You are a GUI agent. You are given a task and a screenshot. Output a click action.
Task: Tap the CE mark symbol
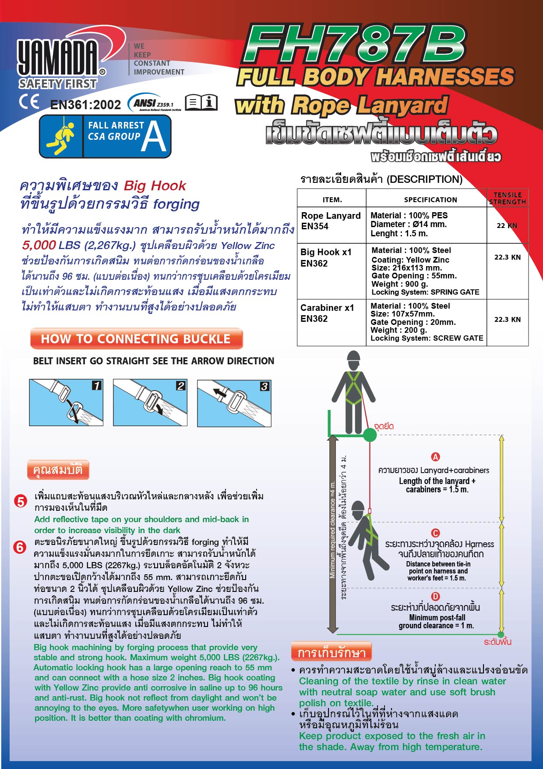(29, 102)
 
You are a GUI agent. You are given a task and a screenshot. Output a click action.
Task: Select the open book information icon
(201, 102)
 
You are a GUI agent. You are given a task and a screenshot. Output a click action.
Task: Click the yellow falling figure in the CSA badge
(61, 137)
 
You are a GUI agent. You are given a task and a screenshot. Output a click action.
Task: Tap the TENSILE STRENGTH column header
(507, 198)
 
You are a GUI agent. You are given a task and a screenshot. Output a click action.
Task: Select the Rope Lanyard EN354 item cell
(331, 221)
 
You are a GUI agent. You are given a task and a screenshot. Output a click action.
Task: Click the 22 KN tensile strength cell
(507, 225)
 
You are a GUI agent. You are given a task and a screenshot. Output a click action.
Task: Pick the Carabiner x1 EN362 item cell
(327, 313)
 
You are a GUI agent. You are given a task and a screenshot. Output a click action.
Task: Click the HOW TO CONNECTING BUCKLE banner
(136, 339)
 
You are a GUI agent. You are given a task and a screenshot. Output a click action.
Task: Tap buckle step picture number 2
(150, 403)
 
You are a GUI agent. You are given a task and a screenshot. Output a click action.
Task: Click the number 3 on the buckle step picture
(264, 386)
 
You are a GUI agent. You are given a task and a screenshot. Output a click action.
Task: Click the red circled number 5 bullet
(21, 501)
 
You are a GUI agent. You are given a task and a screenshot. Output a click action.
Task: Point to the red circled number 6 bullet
(20, 547)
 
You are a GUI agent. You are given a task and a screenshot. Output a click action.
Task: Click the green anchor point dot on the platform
(370, 435)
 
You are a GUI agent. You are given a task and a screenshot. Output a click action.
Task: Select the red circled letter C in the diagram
(435, 533)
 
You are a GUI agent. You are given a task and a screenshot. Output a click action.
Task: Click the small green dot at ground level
(501, 634)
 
